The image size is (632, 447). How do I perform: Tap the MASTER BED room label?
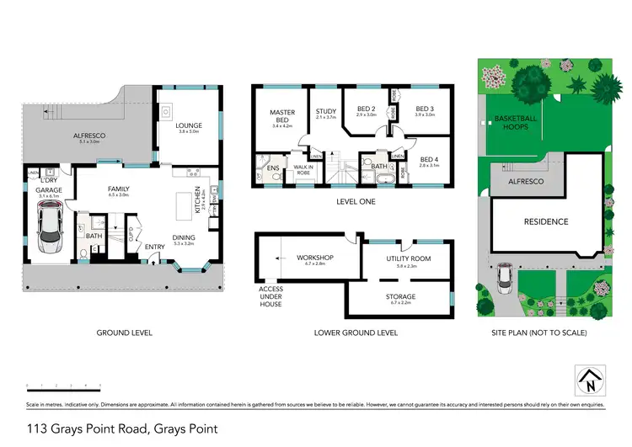[x=281, y=113]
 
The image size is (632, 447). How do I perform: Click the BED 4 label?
[x=430, y=160]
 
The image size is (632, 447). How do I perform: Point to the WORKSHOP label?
[x=316, y=257]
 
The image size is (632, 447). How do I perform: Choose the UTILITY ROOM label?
[x=408, y=258]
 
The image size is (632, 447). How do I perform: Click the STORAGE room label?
[x=400, y=296]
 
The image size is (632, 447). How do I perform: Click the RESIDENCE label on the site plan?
[x=547, y=221]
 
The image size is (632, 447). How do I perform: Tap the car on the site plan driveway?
[x=505, y=274]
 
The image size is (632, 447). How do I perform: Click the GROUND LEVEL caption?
[x=125, y=333]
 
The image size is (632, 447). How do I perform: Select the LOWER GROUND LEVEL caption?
[x=356, y=333]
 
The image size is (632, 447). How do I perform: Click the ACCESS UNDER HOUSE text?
[x=271, y=295]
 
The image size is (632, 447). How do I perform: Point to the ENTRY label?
[x=155, y=247]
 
